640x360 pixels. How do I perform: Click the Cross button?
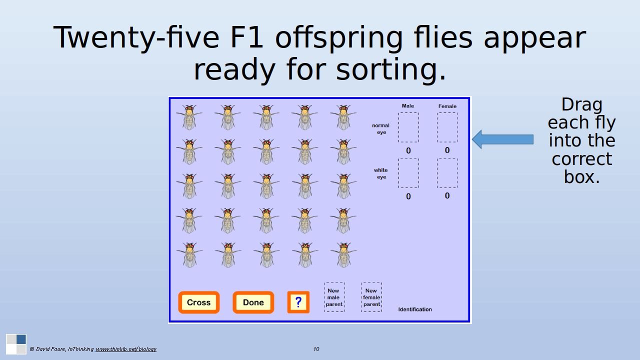tap(199, 302)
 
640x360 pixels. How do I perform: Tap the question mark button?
tap(298, 302)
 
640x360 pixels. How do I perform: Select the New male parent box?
tap(334, 297)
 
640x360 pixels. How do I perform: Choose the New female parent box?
tap(371, 297)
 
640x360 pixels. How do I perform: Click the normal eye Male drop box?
tap(408, 127)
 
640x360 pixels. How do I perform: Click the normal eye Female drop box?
tap(447, 127)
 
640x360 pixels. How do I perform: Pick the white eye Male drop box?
tap(408, 173)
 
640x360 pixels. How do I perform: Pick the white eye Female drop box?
tap(447, 173)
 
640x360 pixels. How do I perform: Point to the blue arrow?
tap(502, 139)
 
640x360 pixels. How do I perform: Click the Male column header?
tap(407, 105)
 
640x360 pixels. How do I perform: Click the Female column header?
tap(447, 106)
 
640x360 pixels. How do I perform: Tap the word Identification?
tap(415, 309)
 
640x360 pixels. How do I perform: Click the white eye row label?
tap(381, 173)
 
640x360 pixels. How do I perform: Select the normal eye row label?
tap(380, 128)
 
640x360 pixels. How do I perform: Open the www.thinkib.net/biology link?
tap(125, 349)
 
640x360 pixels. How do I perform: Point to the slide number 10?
tap(316, 349)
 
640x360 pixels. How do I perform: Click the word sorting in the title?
tap(391, 69)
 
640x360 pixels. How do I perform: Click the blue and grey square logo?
tap(16, 344)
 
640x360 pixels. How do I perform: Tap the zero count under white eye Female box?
tap(447, 195)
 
